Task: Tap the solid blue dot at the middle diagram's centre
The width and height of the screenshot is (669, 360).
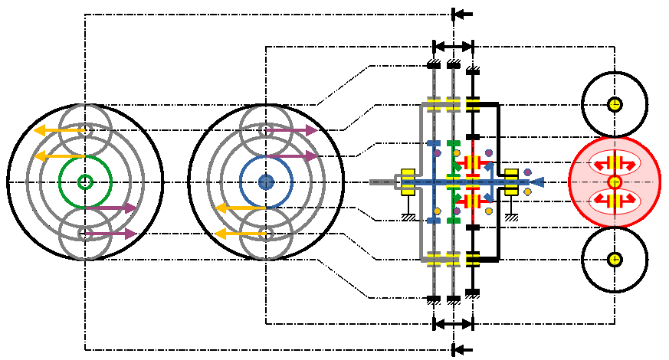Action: [x=266, y=182]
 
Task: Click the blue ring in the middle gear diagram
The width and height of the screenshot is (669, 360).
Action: [x=292, y=182]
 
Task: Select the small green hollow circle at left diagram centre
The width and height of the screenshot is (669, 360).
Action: [x=85, y=182]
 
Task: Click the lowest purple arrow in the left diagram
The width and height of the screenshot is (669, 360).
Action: [x=110, y=234]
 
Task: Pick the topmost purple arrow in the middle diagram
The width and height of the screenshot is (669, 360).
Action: [x=291, y=131]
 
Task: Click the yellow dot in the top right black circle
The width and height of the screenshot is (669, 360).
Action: [x=614, y=104]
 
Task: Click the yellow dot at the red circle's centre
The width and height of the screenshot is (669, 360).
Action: [x=614, y=182]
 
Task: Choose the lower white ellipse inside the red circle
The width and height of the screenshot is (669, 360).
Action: [x=614, y=200]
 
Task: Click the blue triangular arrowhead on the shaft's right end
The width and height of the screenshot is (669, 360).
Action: [x=538, y=182]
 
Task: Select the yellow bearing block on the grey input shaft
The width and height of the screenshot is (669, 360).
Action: [x=408, y=182]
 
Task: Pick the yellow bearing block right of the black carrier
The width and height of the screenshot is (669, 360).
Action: [x=512, y=182]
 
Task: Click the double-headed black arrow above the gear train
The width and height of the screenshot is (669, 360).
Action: [x=454, y=46]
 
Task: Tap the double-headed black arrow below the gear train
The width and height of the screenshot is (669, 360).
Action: [x=454, y=324]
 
